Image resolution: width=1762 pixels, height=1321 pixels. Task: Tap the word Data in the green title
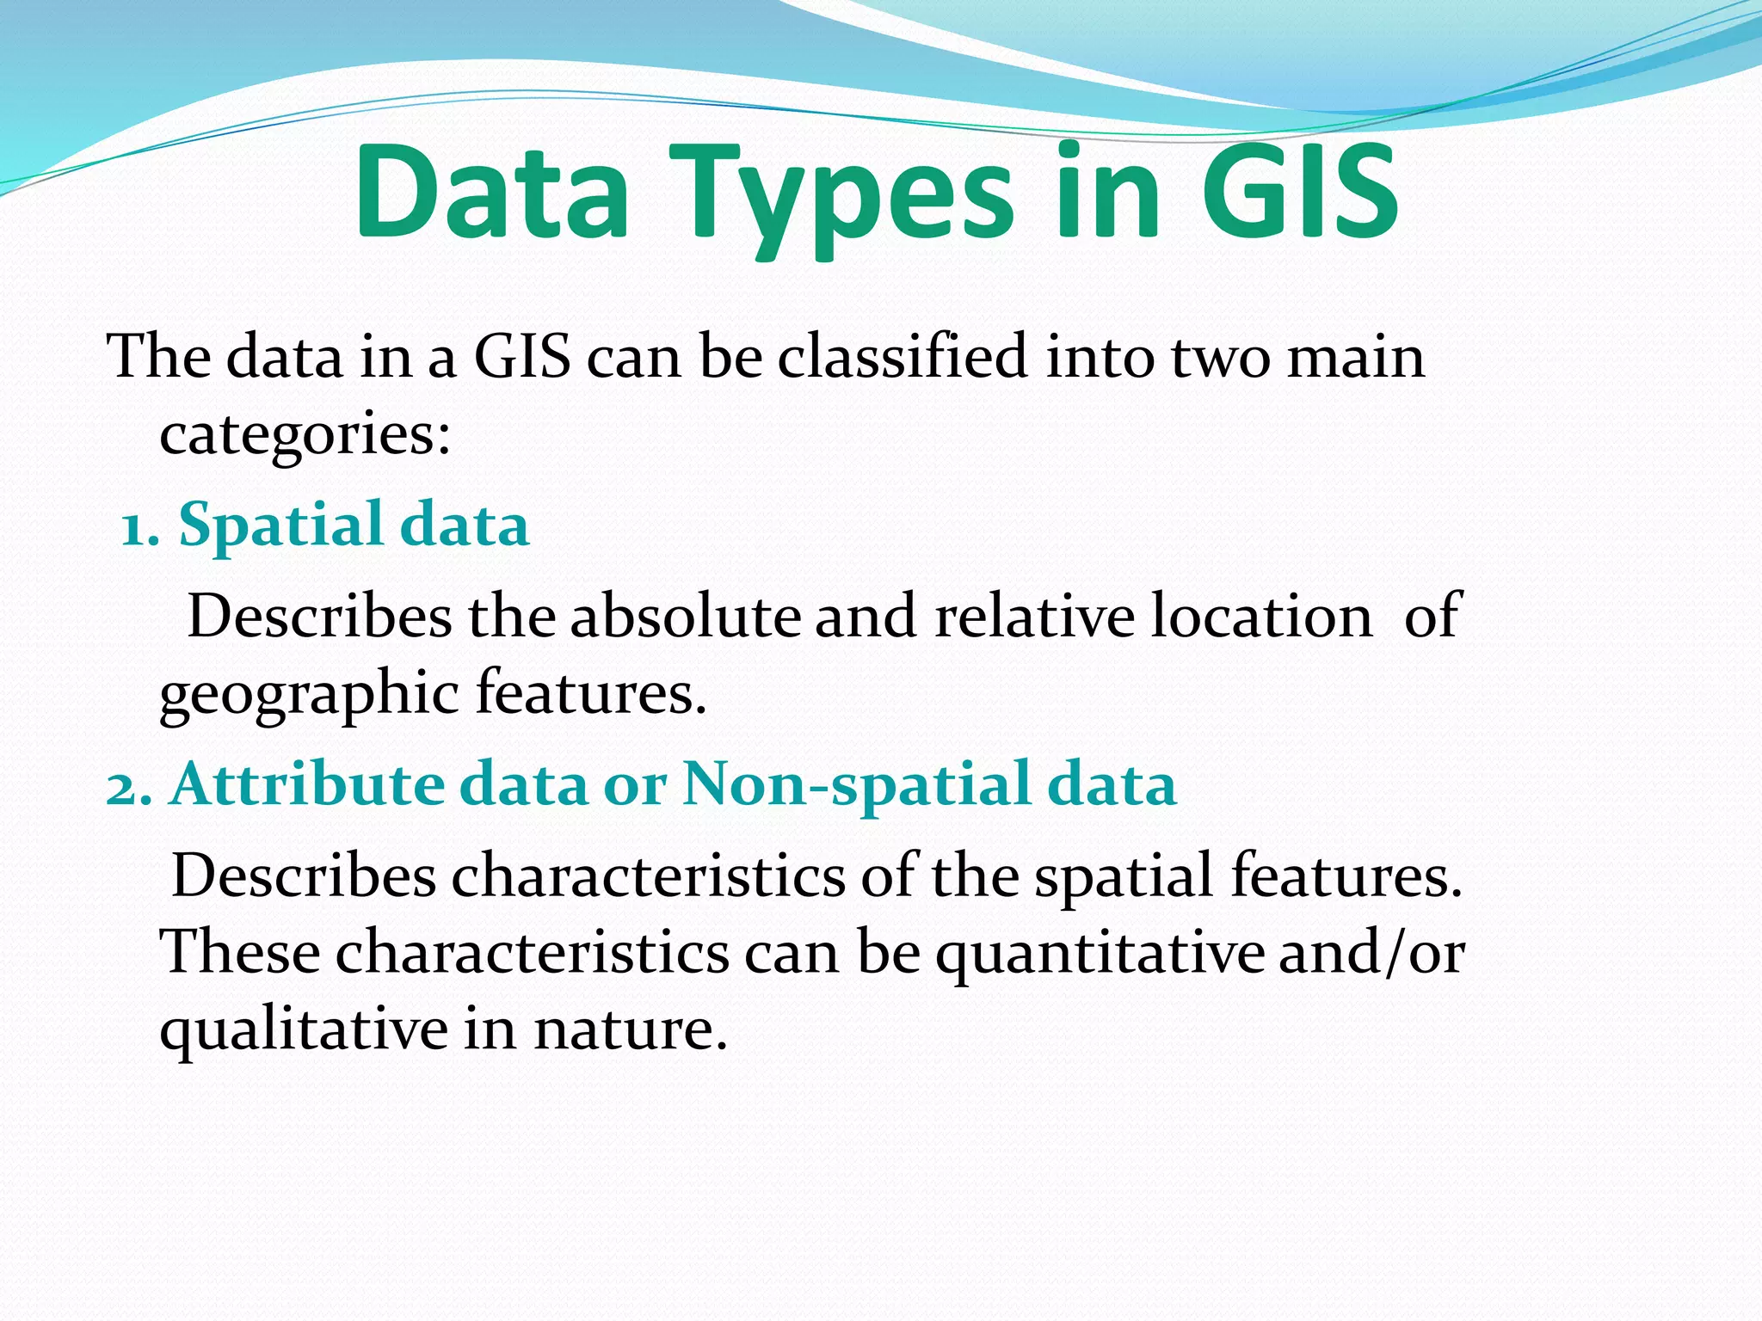coord(491,194)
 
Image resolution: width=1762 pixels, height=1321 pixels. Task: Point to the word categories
coord(305,434)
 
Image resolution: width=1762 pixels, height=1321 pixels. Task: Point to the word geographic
coord(310,695)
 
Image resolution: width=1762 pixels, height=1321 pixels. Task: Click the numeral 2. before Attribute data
coord(129,786)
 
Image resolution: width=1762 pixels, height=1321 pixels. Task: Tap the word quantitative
coord(1100,955)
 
